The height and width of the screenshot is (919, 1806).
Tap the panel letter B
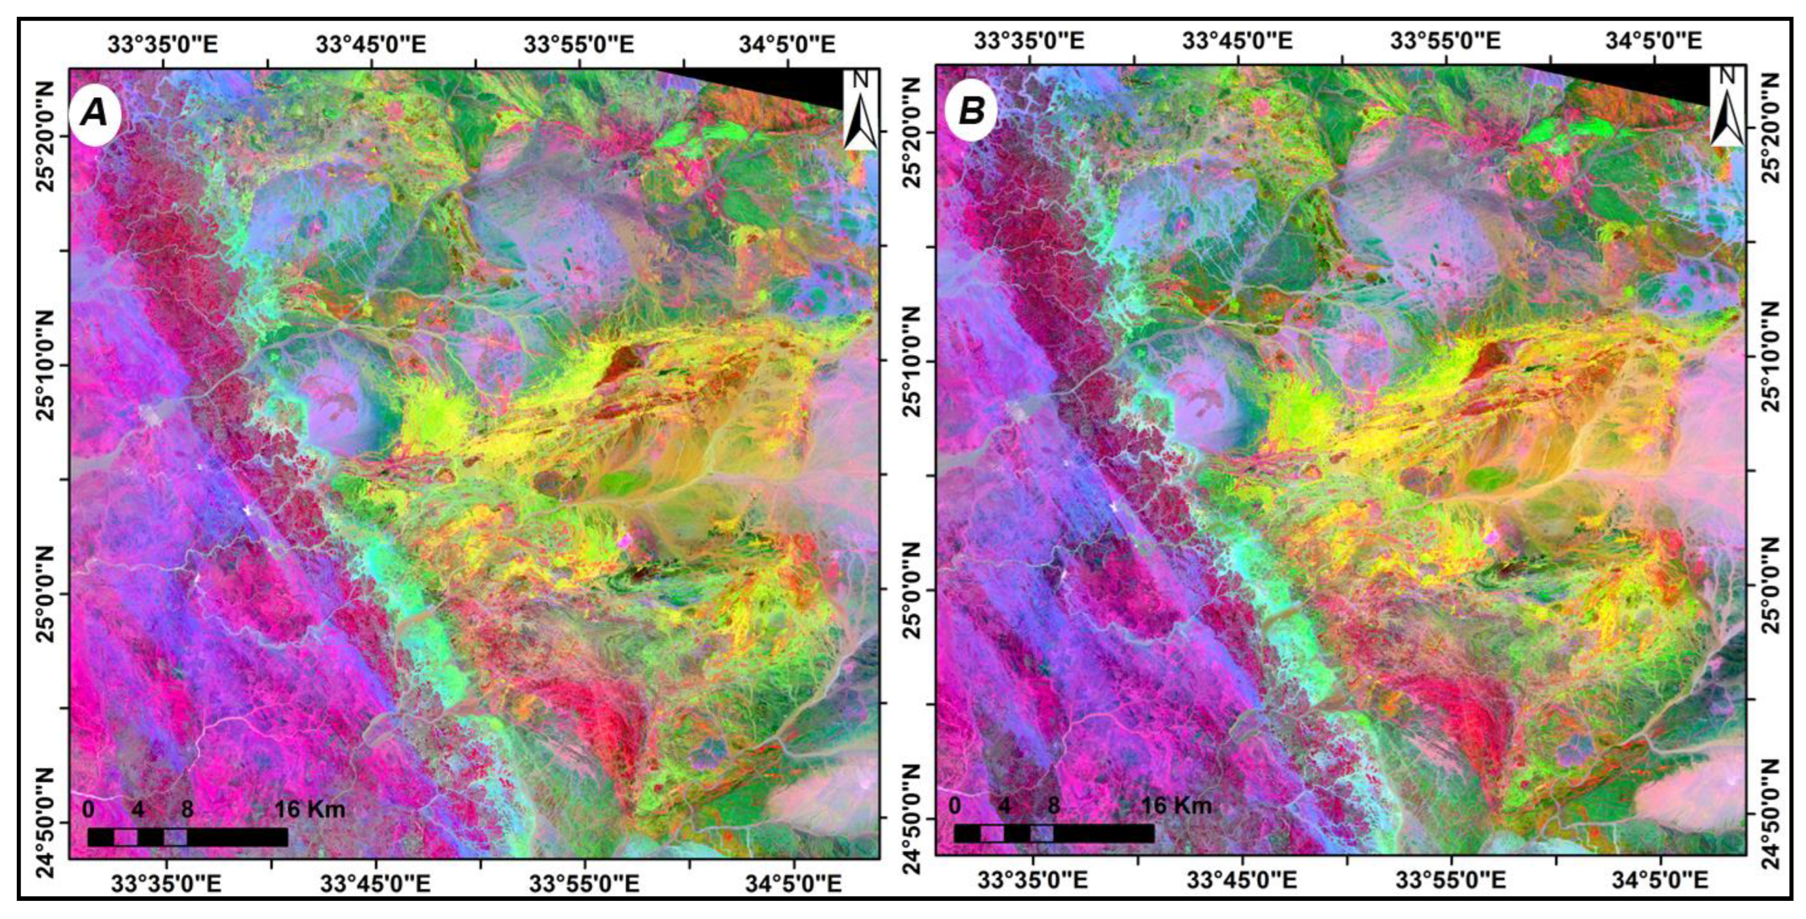tap(971, 111)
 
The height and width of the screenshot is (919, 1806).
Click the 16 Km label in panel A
tap(309, 809)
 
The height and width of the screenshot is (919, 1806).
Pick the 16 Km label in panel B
tap(1176, 806)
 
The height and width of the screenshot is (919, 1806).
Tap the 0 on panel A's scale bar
tap(88, 809)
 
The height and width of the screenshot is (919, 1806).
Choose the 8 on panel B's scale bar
tap(1053, 806)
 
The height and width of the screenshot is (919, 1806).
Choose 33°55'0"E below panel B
tap(1449, 879)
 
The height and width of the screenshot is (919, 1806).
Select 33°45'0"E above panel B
tap(1237, 41)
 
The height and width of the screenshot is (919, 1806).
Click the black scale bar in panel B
tap(1054, 833)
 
